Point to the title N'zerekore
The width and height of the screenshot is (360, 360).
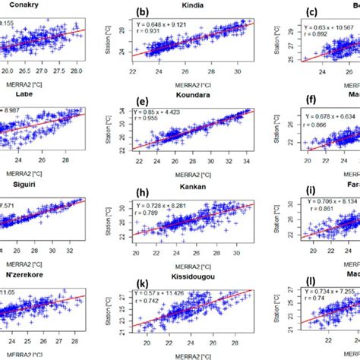click(x=30, y=270)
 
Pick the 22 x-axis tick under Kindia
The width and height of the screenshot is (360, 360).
click(x=134, y=71)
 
